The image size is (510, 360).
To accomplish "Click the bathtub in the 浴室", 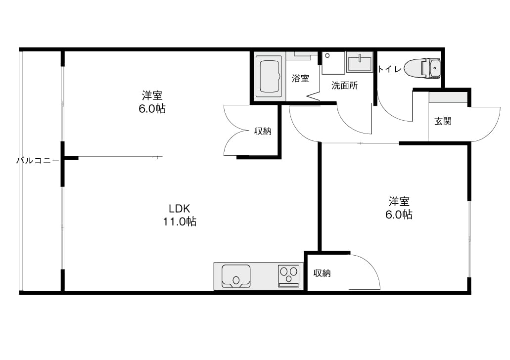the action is pos(269,77).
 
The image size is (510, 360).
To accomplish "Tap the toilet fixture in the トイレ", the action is pos(422,69).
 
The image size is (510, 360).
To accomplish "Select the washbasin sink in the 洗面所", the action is pos(360,62).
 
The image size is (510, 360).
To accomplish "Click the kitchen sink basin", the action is pos(236,276).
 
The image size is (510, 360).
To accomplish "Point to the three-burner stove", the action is pos(288,276).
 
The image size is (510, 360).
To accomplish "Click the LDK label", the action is pos(179,208).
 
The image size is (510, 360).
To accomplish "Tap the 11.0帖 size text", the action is pos(180,222).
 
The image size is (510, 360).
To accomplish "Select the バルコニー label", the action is pos(38,161).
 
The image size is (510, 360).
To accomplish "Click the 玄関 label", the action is pos(443,121).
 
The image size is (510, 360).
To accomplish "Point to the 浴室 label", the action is pos(300,78).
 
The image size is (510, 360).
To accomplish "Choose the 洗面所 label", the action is pos(344,86).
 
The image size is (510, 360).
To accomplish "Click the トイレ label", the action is pos(389,69).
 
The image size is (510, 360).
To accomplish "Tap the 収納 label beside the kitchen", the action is pos(322,273).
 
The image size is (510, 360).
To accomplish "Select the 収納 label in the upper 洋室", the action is pos(263,131).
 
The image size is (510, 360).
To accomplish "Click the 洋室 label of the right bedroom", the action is pos(399,201).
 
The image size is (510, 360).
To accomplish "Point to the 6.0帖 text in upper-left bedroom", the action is pos(152,109).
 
